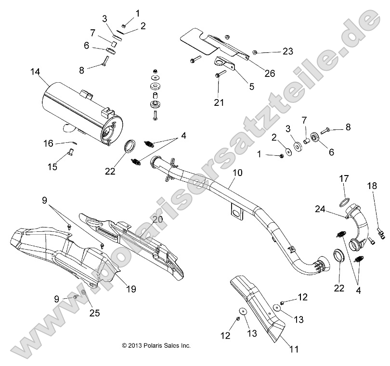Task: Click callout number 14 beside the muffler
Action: [x=35, y=72]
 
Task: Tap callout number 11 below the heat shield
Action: [x=293, y=350]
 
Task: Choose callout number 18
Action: [x=372, y=186]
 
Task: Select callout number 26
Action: [x=269, y=73]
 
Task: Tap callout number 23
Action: [x=287, y=50]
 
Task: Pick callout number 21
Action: [x=219, y=102]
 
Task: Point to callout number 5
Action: [x=251, y=87]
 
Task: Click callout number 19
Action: [x=130, y=289]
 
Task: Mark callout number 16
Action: [x=48, y=143]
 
